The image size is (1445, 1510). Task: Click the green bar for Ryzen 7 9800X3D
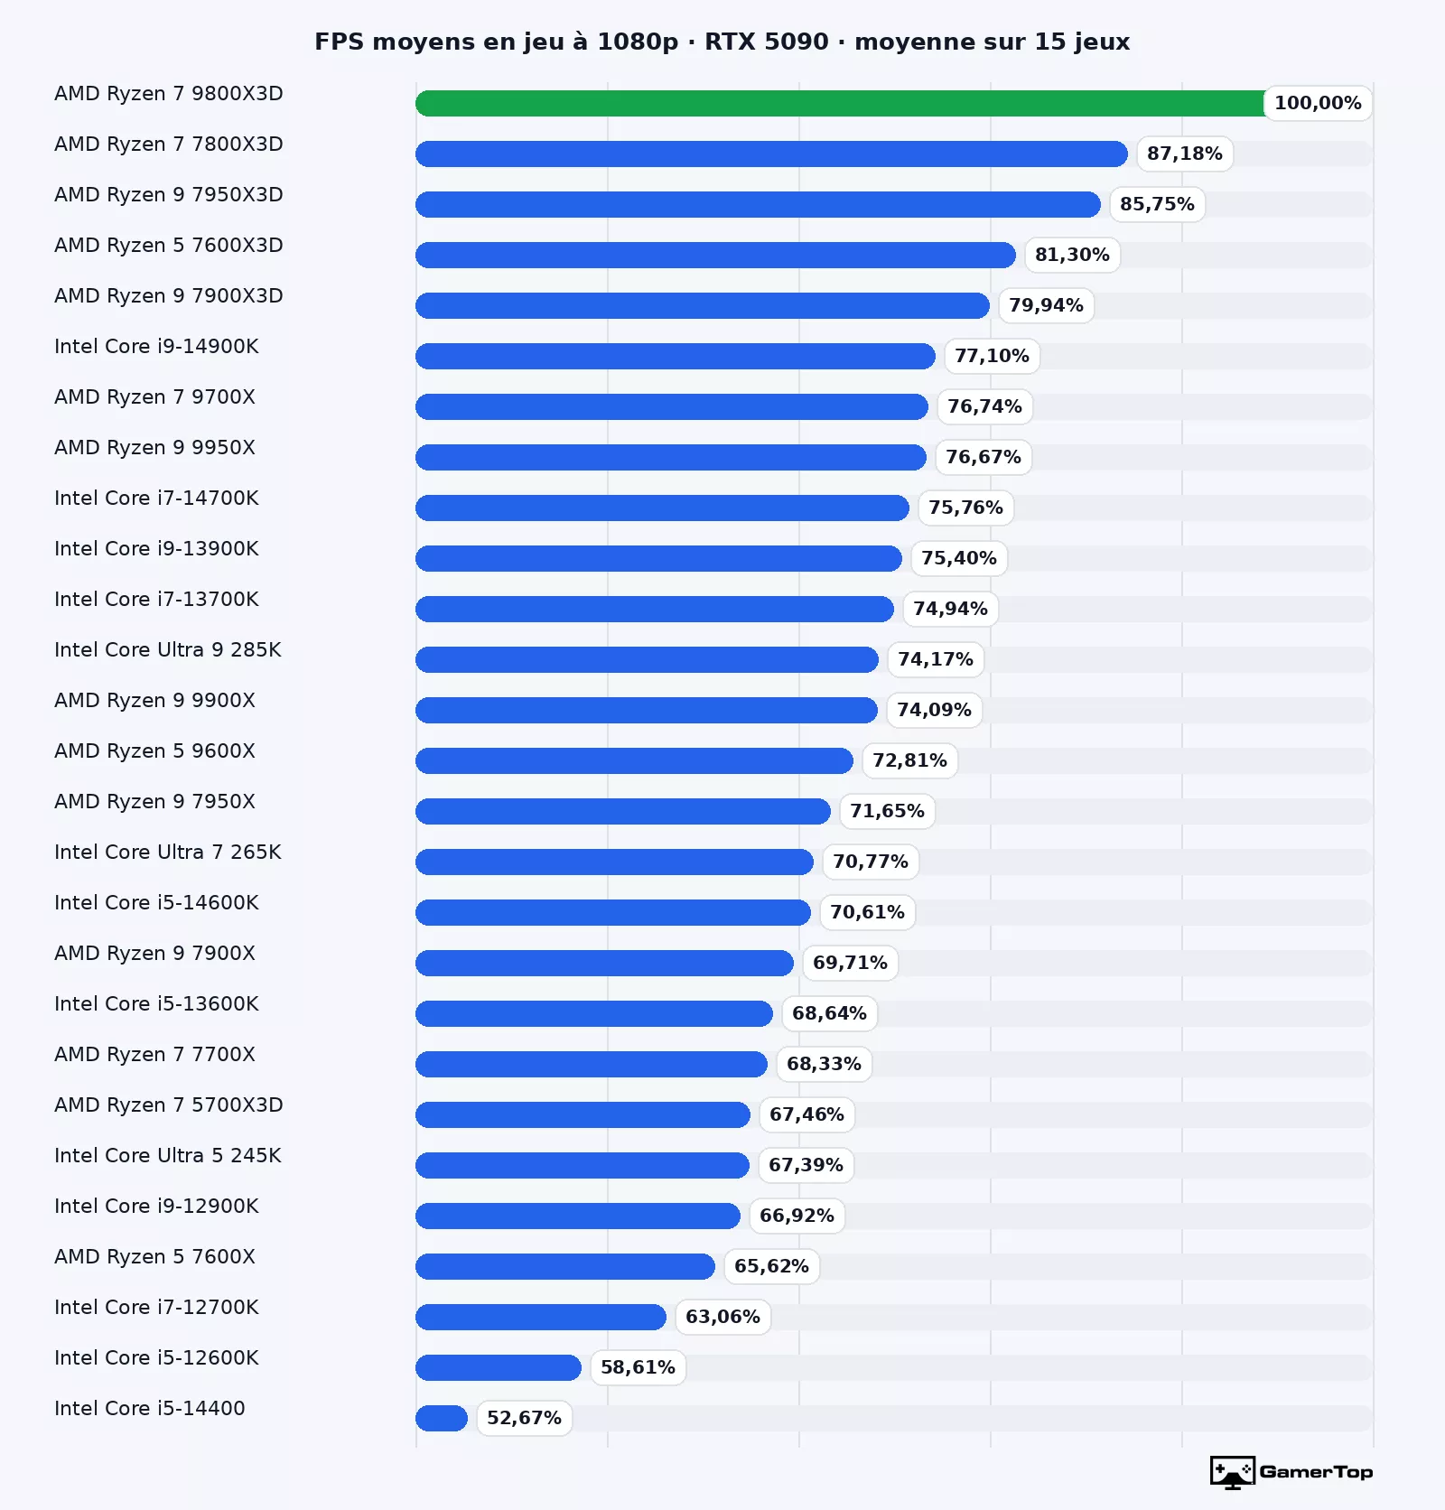[x=840, y=104]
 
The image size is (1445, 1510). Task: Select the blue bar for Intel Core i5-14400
[x=442, y=1418]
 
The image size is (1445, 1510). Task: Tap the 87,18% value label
[x=1184, y=154]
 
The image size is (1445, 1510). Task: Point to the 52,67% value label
[x=524, y=1418]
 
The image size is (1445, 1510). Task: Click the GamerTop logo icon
[x=1232, y=1472]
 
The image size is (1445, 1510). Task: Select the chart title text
[x=722, y=42]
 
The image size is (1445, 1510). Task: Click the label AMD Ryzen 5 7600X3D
[x=168, y=246]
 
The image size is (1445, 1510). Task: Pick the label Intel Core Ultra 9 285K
[x=167, y=650]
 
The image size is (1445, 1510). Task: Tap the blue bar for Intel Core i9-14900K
[x=675, y=357]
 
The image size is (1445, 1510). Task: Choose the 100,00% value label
[x=1317, y=103]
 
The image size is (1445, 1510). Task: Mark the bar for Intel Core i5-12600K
[x=498, y=1367]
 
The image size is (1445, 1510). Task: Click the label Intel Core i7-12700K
[x=156, y=1308]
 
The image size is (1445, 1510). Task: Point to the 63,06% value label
[x=722, y=1317]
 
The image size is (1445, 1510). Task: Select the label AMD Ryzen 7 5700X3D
[x=168, y=1105]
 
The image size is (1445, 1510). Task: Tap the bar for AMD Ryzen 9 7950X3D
[x=758, y=205]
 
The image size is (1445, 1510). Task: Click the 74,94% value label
[x=950, y=609]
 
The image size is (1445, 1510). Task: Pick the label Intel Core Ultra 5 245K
[x=167, y=1156]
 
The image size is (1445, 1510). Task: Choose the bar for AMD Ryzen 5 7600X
[x=564, y=1266]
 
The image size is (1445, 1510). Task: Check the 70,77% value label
[x=870, y=862]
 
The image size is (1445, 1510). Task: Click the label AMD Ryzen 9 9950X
[x=154, y=448]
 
